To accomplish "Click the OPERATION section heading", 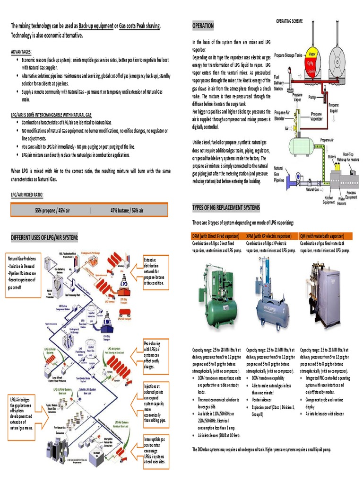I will pyautogui.click(x=203, y=26).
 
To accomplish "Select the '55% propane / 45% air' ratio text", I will pyautogui.click(x=52, y=209).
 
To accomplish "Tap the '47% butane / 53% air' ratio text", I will pyautogui.click(x=127, y=209).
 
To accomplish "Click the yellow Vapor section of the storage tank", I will pyautogui.click(x=311, y=52).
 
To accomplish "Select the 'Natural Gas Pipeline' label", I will pyautogui.click(x=279, y=174).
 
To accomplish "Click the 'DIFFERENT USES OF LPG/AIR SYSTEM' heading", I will pyautogui.click(x=44, y=237).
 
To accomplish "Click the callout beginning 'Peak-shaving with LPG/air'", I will pyautogui.click(x=155, y=354).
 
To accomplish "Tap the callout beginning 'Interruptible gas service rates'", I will pyautogui.click(x=155, y=451).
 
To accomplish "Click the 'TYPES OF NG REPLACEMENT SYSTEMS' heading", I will pyautogui.click(x=226, y=208).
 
